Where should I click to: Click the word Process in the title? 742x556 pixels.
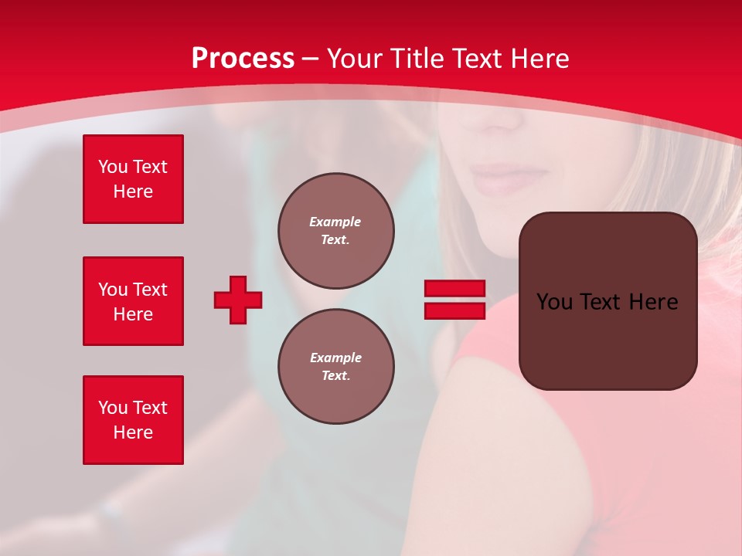click(x=243, y=59)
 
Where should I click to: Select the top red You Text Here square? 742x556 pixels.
click(x=133, y=179)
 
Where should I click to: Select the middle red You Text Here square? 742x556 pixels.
click(x=133, y=301)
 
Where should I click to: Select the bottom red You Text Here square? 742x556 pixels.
click(x=133, y=420)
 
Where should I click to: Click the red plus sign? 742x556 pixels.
click(x=238, y=300)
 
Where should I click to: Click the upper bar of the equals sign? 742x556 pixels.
click(x=454, y=288)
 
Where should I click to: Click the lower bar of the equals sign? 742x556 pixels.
click(x=454, y=311)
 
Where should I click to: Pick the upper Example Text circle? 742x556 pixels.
click(x=335, y=230)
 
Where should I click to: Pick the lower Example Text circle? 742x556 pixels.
click(x=335, y=366)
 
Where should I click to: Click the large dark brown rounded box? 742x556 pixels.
click(x=608, y=301)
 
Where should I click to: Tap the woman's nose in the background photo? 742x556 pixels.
click(x=502, y=116)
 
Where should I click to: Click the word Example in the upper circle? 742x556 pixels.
click(x=335, y=222)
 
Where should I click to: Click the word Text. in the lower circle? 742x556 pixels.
click(x=335, y=375)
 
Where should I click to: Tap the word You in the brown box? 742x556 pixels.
click(x=554, y=302)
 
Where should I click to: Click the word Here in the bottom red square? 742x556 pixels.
click(x=133, y=432)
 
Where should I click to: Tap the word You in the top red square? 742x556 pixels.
click(x=113, y=167)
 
